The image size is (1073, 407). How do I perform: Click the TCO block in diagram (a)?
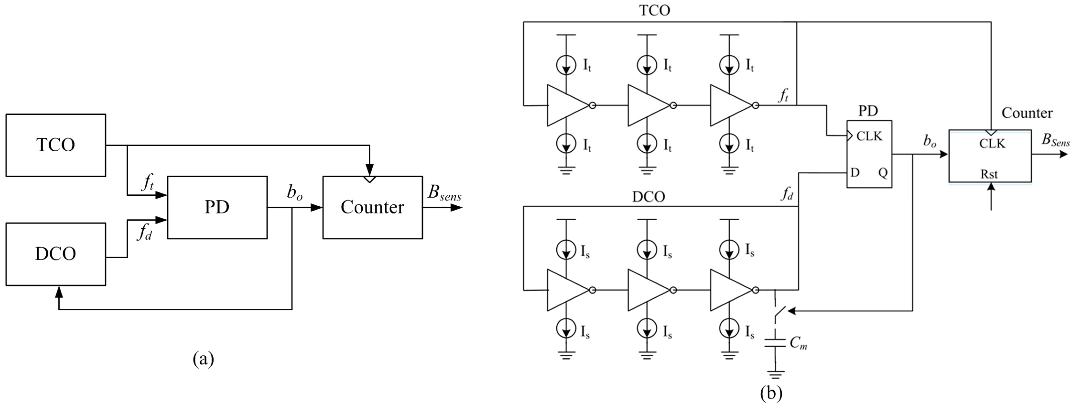click(55, 145)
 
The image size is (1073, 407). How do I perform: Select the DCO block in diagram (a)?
click(55, 254)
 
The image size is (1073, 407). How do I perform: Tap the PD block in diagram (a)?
click(217, 207)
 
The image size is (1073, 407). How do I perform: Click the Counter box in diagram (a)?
click(372, 207)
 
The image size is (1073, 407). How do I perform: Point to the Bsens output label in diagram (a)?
click(444, 193)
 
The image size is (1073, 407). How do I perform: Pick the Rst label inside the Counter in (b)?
click(989, 174)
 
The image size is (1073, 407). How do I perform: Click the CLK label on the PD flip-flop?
click(869, 136)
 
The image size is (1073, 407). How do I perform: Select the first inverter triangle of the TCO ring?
click(567, 106)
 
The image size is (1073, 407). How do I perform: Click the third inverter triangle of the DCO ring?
click(730, 290)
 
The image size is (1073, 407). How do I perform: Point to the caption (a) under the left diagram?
click(203, 359)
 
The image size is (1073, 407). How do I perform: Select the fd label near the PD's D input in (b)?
click(786, 194)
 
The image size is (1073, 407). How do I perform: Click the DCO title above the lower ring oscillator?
click(649, 197)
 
